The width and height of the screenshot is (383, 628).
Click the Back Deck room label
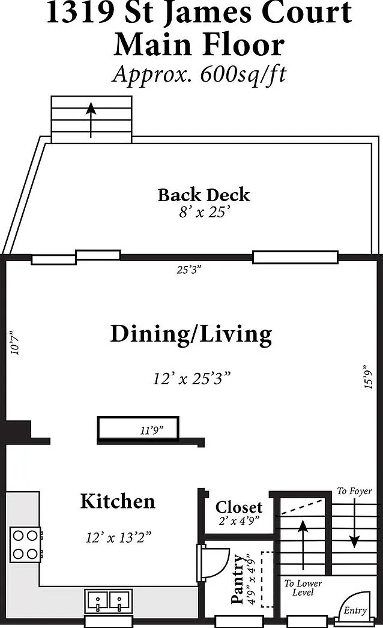click(204, 195)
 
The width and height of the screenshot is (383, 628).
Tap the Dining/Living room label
click(191, 334)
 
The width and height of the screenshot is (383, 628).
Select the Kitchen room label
click(118, 501)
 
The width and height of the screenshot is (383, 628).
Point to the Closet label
click(239, 507)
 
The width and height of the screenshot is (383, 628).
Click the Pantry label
click(237, 579)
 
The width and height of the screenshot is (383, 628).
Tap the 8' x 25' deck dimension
click(205, 212)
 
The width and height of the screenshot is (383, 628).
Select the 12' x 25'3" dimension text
click(192, 378)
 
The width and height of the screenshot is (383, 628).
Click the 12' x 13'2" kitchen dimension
click(119, 537)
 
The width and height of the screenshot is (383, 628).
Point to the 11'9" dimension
click(152, 430)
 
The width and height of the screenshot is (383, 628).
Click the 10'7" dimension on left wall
click(14, 342)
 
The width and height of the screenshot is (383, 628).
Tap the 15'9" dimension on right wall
click(368, 377)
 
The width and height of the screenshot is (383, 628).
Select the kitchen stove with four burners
click(26, 545)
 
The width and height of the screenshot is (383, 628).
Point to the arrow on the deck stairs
click(91, 120)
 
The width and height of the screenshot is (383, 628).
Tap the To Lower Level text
click(303, 588)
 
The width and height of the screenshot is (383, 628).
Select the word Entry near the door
click(355, 611)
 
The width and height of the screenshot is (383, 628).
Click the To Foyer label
click(354, 491)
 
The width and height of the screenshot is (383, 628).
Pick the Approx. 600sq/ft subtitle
click(199, 74)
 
